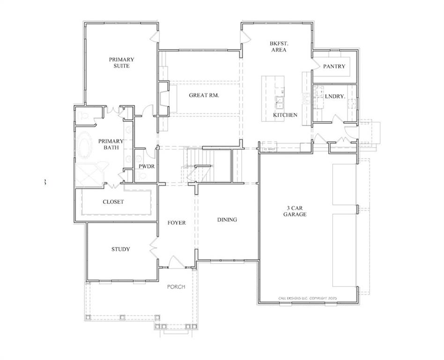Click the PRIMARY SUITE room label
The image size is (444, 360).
(x=121, y=63)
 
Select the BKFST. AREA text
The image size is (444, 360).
(x=278, y=46)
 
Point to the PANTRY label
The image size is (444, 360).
(x=334, y=67)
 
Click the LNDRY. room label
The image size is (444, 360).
(x=335, y=96)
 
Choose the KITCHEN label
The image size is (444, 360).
(x=285, y=115)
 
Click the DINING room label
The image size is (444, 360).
(x=227, y=219)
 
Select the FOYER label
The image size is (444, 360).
(x=177, y=223)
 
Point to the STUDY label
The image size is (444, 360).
(x=121, y=249)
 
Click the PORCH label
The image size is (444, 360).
(x=177, y=287)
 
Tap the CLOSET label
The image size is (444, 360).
(x=113, y=202)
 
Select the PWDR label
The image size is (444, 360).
(x=147, y=166)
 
